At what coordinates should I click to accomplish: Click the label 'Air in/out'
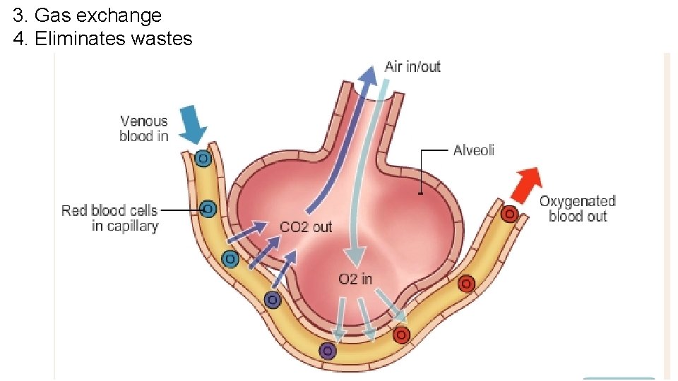pos(412,67)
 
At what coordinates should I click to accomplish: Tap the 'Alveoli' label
pos(474,150)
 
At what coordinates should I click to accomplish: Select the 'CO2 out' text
pos(306,227)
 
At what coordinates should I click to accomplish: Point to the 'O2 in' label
pos(355,279)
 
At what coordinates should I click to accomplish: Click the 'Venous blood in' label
pos(144,128)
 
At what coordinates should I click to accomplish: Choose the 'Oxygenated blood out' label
pos(577,209)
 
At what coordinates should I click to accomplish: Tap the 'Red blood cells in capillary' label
pos(109,218)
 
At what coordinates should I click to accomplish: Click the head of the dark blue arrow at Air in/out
pos(368,74)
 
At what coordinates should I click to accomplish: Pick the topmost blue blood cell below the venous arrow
pos(203,159)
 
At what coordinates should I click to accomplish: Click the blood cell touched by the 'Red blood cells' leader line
pos(208,209)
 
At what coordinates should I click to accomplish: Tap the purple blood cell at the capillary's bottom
pos(326,350)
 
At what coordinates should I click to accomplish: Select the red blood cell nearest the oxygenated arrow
pos(509,213)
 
